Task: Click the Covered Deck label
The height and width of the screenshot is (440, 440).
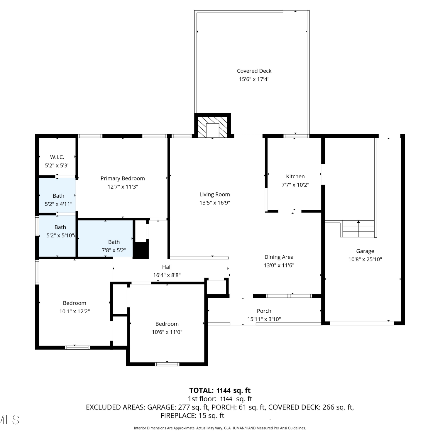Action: [x=254, y=71]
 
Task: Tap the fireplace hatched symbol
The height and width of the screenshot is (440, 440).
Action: [x=213, y=127]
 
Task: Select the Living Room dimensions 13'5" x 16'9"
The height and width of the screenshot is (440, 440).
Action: [x=215, y=203]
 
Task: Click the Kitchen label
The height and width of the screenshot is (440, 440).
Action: [x=295, y=177]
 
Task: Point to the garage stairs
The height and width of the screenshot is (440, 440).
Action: [x=358, y=229]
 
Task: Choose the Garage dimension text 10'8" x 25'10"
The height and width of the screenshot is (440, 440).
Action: [x=365, y=259]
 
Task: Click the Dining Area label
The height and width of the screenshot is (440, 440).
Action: [x=279, y=257]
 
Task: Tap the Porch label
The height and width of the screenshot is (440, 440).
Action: [x=264, y=311]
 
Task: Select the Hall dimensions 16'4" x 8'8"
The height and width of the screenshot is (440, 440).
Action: [x=167, y=275]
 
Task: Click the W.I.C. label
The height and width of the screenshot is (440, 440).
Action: [x=57, y=157]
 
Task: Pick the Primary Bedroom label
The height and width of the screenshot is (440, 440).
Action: [x=123, y=178]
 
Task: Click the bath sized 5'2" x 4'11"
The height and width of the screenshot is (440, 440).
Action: [x=58, y=196]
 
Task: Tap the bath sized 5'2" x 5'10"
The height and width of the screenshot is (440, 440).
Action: [x=57, y=236]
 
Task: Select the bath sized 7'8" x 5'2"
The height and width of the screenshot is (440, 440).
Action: [x=105, y=238]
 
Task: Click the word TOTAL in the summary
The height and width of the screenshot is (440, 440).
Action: [x=202, y=390]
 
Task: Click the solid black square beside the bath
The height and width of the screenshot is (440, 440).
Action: [x=141, y=251]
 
